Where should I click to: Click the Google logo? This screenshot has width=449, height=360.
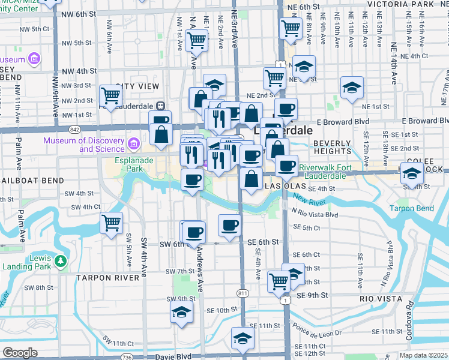pos(20,353)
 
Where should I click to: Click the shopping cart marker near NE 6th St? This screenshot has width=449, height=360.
pos(291,27)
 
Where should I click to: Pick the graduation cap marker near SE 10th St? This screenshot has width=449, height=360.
pos(181,313)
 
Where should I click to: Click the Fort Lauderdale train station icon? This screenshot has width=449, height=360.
pos(160,106)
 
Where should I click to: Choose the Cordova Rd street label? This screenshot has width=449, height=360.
pos(409,323)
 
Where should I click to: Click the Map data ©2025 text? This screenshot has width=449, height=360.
pos(423,355)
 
